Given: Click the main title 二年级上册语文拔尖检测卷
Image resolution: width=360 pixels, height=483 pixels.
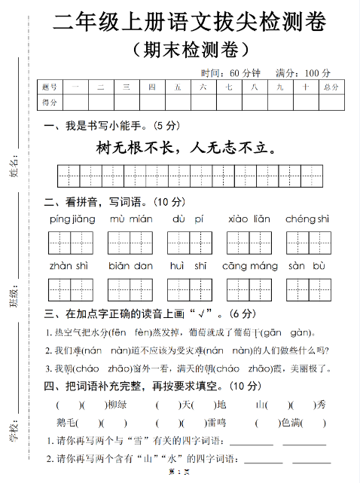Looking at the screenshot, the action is [190, 23].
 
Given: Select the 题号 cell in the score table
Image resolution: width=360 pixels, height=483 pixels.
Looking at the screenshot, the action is [50, 87].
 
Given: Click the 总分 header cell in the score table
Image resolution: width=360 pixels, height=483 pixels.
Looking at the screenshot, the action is [331, 87].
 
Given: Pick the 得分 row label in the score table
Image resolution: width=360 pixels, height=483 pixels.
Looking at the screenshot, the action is [50, 102].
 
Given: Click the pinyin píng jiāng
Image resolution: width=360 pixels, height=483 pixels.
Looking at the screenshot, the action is [72, 219].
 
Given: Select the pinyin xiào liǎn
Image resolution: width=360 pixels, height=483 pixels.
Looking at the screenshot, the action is [249, 219].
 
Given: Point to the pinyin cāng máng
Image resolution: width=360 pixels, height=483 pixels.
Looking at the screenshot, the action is [250, 266].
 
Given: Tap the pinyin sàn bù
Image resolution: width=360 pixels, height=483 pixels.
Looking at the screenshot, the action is [307, 266].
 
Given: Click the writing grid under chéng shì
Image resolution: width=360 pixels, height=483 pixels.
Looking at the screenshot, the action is [307, 243].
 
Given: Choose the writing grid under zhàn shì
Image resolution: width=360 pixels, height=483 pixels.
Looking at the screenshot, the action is [70, 289].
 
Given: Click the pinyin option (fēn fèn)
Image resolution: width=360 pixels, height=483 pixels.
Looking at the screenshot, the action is [128, 332].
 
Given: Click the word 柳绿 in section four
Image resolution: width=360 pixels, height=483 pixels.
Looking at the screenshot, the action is [117, 405].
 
